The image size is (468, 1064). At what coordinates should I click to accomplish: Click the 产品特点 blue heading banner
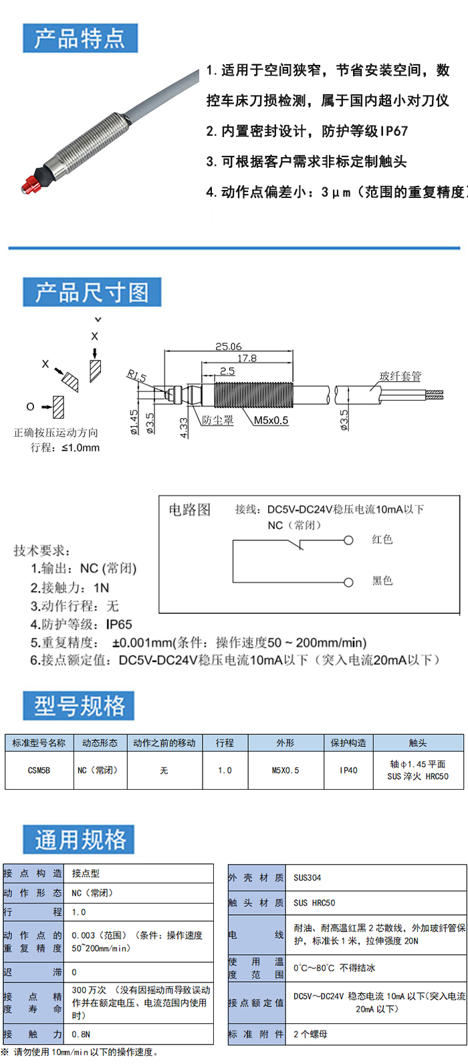80,38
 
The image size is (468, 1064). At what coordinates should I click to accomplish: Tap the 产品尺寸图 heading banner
92,292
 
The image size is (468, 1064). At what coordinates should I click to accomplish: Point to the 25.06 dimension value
229,346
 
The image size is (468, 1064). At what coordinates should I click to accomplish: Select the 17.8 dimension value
247,358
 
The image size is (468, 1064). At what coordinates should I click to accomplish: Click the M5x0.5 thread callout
271,420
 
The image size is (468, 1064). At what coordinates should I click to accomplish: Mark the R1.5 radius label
136,377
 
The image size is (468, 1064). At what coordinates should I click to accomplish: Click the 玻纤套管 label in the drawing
400,376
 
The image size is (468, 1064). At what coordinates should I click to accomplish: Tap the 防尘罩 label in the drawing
218,420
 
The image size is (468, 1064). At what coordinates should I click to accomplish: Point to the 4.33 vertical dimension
183,428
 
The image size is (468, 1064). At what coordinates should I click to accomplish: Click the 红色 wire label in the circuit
382,540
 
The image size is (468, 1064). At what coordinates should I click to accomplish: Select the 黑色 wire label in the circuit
382,580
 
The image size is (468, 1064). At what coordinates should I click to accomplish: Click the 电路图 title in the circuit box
189,510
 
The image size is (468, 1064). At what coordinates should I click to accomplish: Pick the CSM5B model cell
39,770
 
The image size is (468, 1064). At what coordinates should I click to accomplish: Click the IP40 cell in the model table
348,770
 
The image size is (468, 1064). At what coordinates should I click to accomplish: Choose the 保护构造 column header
348,743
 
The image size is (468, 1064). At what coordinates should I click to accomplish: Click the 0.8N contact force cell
81,1034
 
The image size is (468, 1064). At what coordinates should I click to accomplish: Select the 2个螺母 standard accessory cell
310,1034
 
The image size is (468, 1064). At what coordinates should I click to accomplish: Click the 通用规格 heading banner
80,839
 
